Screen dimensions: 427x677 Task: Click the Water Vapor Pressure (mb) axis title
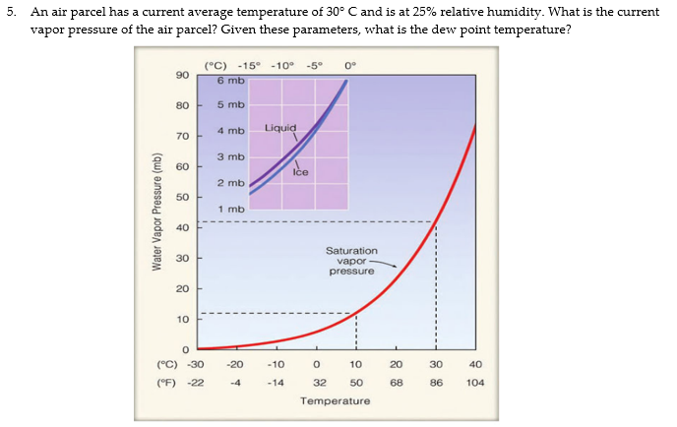(x=156, y=212)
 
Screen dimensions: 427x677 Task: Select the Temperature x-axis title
(x=335, y=401)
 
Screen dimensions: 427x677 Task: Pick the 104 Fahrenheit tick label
(x=475, y=382)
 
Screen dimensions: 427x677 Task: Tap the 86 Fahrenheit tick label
(x=436, y=382)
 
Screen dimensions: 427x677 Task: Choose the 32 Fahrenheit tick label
(x=319, y=382)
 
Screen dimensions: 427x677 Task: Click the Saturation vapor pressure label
(x=351, y=261)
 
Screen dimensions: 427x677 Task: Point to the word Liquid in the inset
(x=280, y=129)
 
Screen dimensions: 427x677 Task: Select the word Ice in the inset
(x=301, y=172)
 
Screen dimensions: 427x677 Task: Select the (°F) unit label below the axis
(x=167, y=382)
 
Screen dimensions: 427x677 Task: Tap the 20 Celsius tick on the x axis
(x=396, y=364)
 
